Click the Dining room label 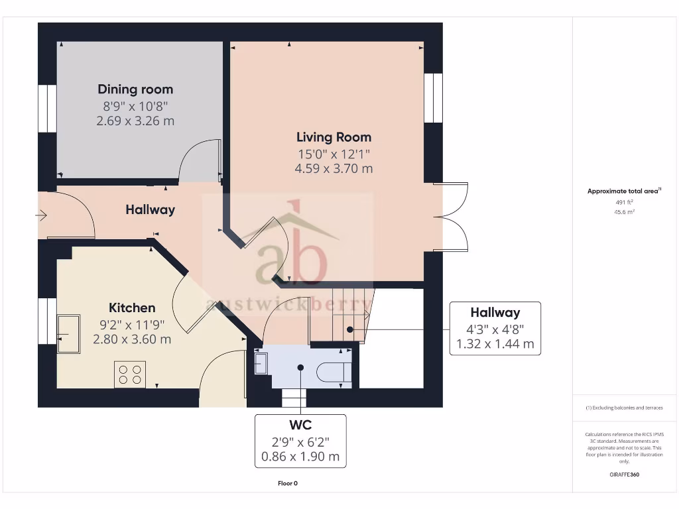[x=135, y=89]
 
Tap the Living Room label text [x=334, y=137]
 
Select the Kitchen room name [x=132, y=308]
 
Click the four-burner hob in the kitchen [x=130, y=374]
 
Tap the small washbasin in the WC [x=261, y=363]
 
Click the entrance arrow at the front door [x=41, y=215]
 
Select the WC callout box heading [x=300, y=425]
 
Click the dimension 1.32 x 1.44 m [x=495, y=344]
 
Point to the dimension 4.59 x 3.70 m [x=334, y=168]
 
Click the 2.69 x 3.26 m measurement [x=135, y=121]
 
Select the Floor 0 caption [x=287, y=483]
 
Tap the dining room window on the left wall [x=47, y=109]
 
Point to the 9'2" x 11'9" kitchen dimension [x=132, y=324]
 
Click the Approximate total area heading [x=623, y=191]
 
